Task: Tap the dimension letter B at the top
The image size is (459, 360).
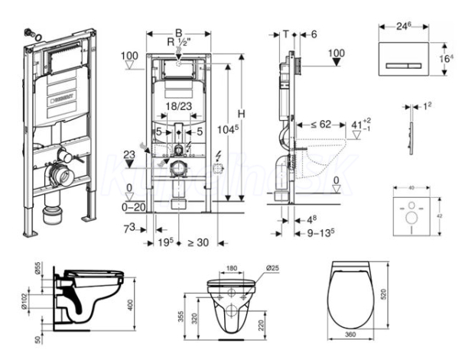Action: coord(178,33)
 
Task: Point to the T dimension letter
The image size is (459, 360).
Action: coord(285,34)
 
